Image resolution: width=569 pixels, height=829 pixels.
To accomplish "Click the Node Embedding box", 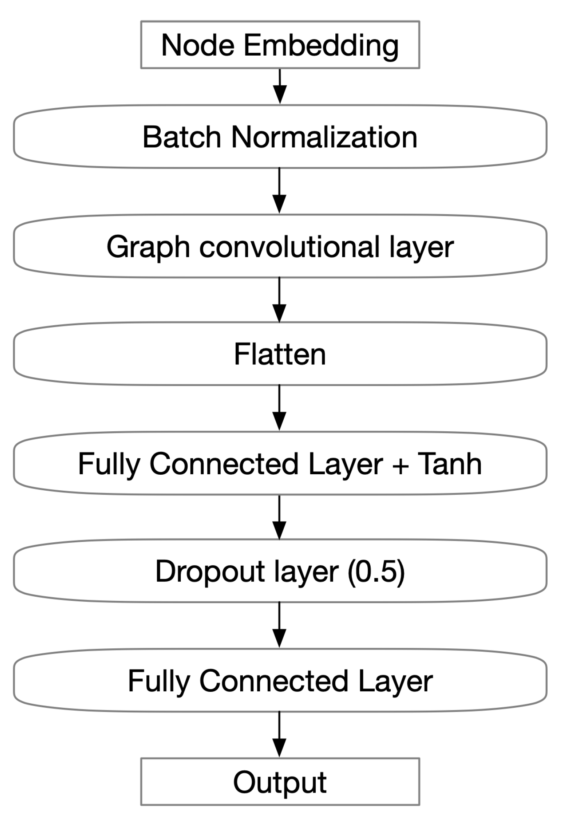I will click(x=280, y=45).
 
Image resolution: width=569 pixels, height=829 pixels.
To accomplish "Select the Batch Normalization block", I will click(x=280, y=136).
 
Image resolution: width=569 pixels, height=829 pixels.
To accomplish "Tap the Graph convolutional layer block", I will click(x=280, y=246).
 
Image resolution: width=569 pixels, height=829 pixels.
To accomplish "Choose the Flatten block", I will click(x=280, y=354).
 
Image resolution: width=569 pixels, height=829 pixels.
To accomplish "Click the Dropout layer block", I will click(x=280, y=571).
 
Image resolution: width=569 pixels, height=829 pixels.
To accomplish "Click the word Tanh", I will click(x=449, y=464).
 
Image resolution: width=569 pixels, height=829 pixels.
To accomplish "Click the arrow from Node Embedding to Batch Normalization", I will click(x=280, y=86).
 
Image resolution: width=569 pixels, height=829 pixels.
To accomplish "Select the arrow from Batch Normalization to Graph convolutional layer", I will click(x=279, y=190).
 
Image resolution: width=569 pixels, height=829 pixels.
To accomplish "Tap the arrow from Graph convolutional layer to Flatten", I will click(x=279, y=299).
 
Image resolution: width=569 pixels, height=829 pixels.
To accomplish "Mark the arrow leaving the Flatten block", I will click(x=279, y=408).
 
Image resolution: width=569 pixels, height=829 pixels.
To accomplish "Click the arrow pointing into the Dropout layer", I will click(x=279, y=517).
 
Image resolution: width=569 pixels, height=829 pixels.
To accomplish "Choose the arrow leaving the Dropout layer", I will click(x=279, y=625).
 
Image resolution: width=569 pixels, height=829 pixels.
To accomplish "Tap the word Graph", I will click(x=148, y=247).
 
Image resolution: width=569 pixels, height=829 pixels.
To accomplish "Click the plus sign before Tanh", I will click(x=400, y=466).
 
